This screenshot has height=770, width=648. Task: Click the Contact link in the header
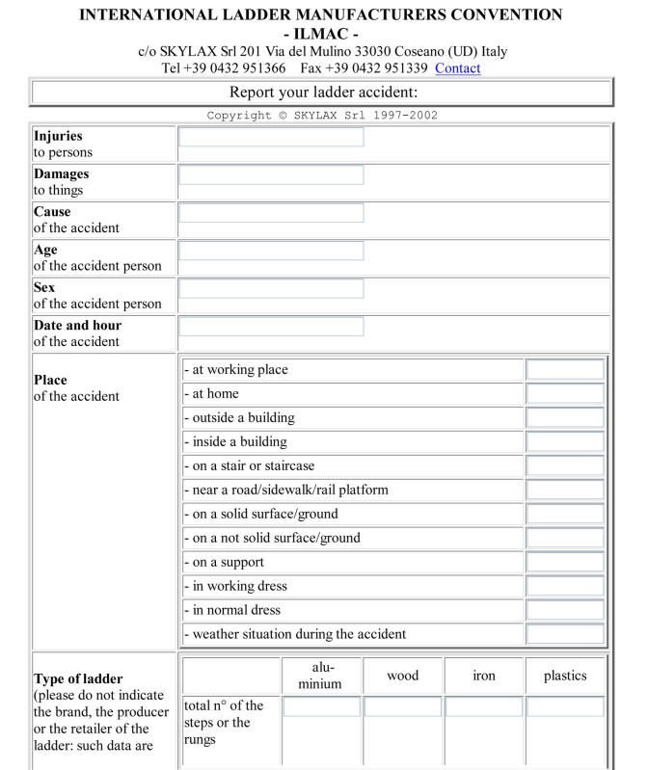pos(458,68)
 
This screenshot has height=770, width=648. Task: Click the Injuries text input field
pos(271,138)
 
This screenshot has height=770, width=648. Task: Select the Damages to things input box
pos(271,175)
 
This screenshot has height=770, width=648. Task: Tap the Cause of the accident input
pos(271,213)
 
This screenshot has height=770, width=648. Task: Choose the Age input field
pos(271,251)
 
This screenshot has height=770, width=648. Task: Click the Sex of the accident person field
pos(271,288)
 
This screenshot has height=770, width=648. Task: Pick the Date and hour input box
pos(271,326)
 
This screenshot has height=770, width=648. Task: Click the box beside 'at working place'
pos(565,370)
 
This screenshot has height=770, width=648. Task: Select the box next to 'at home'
pos(565,394)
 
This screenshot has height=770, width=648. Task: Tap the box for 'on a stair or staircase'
pos(565,466)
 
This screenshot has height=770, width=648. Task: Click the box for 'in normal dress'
pos(565,610)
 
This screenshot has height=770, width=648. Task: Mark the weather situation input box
pos(565,634)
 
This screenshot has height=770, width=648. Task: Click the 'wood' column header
pos(402,676)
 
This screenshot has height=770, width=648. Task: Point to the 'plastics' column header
pos(565,676)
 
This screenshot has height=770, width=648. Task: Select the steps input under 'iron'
pos(483,707)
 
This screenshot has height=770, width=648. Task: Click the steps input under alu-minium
pos(321,707)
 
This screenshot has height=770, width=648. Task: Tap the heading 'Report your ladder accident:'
pos(323,93)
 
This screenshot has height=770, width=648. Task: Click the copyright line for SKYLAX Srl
pos(323,116)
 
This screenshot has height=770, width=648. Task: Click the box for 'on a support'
pos(565,562)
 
